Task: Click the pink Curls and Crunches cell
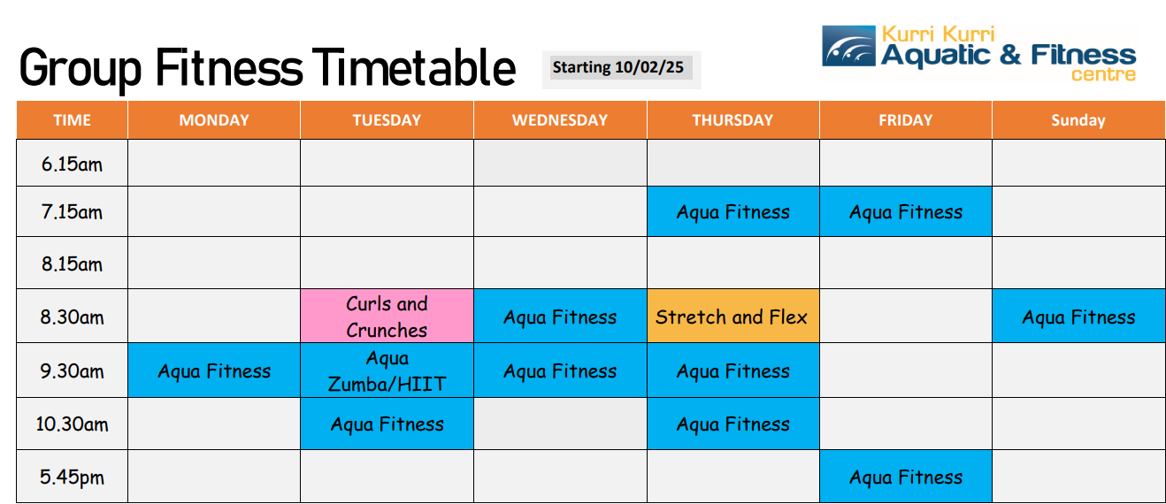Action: pyautogui.click(x=387, y=316)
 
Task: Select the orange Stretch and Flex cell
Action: pyautogui.click(x=733, y=316)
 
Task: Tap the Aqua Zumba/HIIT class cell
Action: pyautogui.click(x=387, y=370)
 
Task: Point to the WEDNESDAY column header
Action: pyautogui.click(x=560, y=120)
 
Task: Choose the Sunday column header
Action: pyautogui.click(x=1078, y=120)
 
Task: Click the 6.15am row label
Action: pyautogui.click(x=72, y=164)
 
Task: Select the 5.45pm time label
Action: pyautogui.click(x=72, y=477)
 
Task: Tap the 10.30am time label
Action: pyautogui.click(x=72, y=424)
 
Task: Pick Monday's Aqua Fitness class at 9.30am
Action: pyautogui.click(x=214, y=370)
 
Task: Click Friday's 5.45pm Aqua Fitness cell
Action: pyautogui.click(x=906, y=477)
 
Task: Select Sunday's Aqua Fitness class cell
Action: pyautogui.click(x=1078, y=316)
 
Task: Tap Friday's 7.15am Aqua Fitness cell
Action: pyautogui.click(x=906, y=211)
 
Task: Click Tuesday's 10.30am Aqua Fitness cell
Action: pyautogui.click(x=387, y=424)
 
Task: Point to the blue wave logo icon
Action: pyautogui.click(x=848, y=46)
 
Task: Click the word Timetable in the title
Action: pyautogui.click(x=414, y=67)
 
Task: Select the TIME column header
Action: pyautogui.click(x=72, y=120)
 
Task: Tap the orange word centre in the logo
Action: pyautogui.click(x=1103, y=75)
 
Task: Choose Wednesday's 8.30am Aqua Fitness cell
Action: pyautogui.click(x=560, y=316)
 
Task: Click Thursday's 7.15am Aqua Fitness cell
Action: pyautogui.click(x=733, y=211)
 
